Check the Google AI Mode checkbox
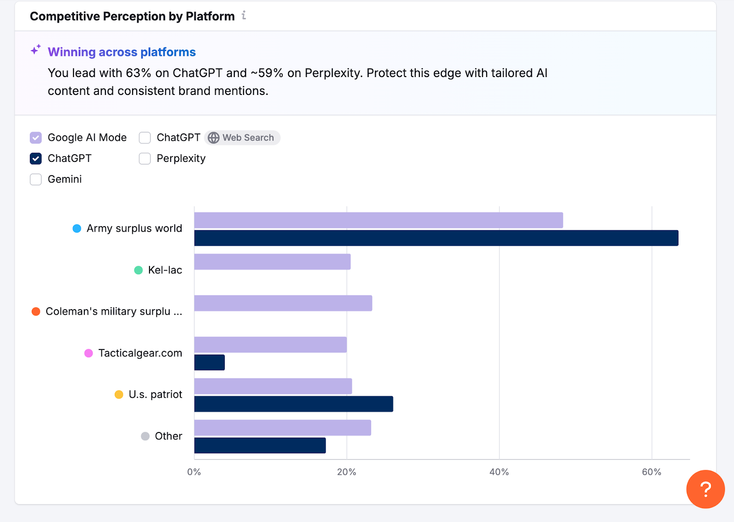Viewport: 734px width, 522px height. click(36, 138)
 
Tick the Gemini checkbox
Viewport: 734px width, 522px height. click(36, 179)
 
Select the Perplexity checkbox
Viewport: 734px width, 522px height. click(145, 159)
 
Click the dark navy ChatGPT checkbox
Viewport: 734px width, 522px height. click(36, 159)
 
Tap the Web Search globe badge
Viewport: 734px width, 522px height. click(242, 138)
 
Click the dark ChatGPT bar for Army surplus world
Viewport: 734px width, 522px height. click(436, 238)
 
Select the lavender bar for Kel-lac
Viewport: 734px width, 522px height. click(272, 262)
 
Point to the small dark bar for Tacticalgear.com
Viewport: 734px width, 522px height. click(209, 362)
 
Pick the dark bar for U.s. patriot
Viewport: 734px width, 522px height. click(294, 404)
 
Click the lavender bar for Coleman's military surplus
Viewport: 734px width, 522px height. click(283, 303)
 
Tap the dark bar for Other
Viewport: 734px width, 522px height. click(260, 445)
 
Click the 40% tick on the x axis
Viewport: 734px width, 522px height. click(499, 472)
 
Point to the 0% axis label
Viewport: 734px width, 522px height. click(194, 472)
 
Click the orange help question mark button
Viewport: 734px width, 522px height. click(705, 489)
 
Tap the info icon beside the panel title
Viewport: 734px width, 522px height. click(244, 16)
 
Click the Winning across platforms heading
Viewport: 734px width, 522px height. click(122, 52)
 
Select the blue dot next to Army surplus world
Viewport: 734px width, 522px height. click(77, 228)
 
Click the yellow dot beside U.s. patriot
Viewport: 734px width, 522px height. click(119, 394)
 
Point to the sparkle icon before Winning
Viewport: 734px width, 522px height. click(36, 50)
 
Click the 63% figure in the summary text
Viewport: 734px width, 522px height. click(138, 73)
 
